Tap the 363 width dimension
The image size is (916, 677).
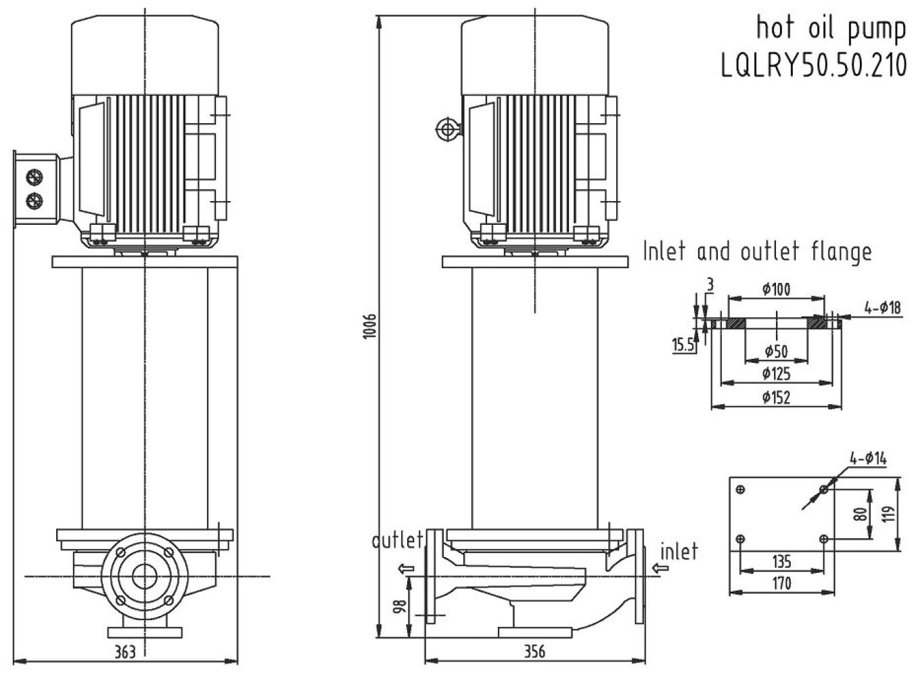tap(124, 651)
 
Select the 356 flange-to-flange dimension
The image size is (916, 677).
tap(534, 651)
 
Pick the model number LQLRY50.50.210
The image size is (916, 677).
tap(813, 66)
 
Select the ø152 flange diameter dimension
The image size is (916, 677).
tap(776, 397)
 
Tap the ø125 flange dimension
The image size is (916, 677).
tap(776, 374)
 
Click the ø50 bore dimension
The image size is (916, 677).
tap(776, 351)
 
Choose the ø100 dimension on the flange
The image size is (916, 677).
tap(776, 290)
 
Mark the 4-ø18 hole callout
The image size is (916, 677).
tap(882, 307)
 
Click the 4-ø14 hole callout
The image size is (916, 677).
tap(868, 458)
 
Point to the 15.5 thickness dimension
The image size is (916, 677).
tap(683, 345)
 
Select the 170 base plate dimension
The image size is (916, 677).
tap(781, 583)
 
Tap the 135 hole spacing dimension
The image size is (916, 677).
tap(781, 561)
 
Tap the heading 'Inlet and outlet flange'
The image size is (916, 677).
tap(756, 252)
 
